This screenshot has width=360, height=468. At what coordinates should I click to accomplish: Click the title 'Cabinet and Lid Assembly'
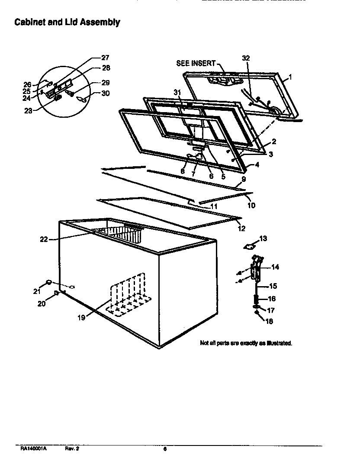tap(67, 22)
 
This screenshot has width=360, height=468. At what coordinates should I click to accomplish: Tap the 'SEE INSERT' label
tap(196, 63)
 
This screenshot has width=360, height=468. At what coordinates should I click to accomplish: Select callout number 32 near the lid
tap(246, 58)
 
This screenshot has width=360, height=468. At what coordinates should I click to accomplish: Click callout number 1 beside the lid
tap(290, 77)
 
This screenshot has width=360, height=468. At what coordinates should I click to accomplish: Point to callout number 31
tap(177, 93)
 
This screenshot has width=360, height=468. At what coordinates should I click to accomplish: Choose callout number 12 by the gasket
tap(241, 229)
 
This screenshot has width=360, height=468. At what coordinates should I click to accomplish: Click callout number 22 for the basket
tap(44, 239)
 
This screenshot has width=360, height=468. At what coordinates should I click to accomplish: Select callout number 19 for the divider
tap(81, 317)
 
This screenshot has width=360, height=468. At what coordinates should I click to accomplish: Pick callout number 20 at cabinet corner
tap(42, 303)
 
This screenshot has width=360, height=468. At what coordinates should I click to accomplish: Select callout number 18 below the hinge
tap(269, 321)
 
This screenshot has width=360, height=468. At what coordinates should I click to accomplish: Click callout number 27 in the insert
tap(105, 58)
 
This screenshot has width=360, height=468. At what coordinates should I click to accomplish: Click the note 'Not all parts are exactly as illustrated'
tap(246, 343)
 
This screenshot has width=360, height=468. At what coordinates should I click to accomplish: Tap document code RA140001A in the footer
tap(33, 449)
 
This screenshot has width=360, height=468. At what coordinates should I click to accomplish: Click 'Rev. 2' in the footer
tap(72, 449)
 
